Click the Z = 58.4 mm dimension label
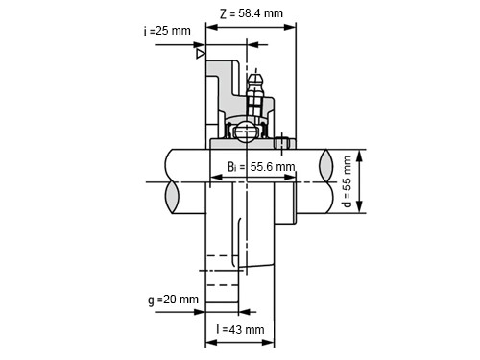(x=252, y=13)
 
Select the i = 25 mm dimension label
(x=167, y=31)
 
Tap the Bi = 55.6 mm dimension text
(x=261, y=167)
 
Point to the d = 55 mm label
(x=347, y=181)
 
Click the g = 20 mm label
(x=174, y=300)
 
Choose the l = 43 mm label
(x=240, y=329)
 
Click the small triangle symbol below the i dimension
(x=201, y=54)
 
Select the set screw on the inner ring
(x=281, y=143)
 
